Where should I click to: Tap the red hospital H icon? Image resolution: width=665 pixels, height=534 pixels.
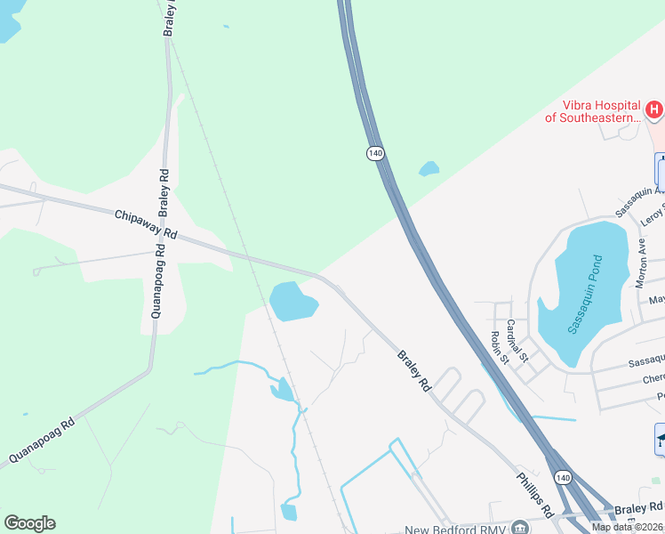654,110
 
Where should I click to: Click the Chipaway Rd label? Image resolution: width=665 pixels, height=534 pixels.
147,223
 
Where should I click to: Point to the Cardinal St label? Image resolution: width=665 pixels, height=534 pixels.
517,340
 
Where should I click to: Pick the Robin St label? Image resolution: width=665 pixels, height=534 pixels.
499,348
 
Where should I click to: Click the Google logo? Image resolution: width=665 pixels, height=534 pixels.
29,523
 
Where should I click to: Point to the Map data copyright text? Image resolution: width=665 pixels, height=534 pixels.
627,527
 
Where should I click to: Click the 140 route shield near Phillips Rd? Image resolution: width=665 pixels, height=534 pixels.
563,478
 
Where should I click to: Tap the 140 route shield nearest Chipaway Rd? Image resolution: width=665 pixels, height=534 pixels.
376,154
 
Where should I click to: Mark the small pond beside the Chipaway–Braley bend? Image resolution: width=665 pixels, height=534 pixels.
292,301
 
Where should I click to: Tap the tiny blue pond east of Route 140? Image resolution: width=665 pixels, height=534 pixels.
429,168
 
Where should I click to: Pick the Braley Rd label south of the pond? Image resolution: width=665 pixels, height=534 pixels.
413,371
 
